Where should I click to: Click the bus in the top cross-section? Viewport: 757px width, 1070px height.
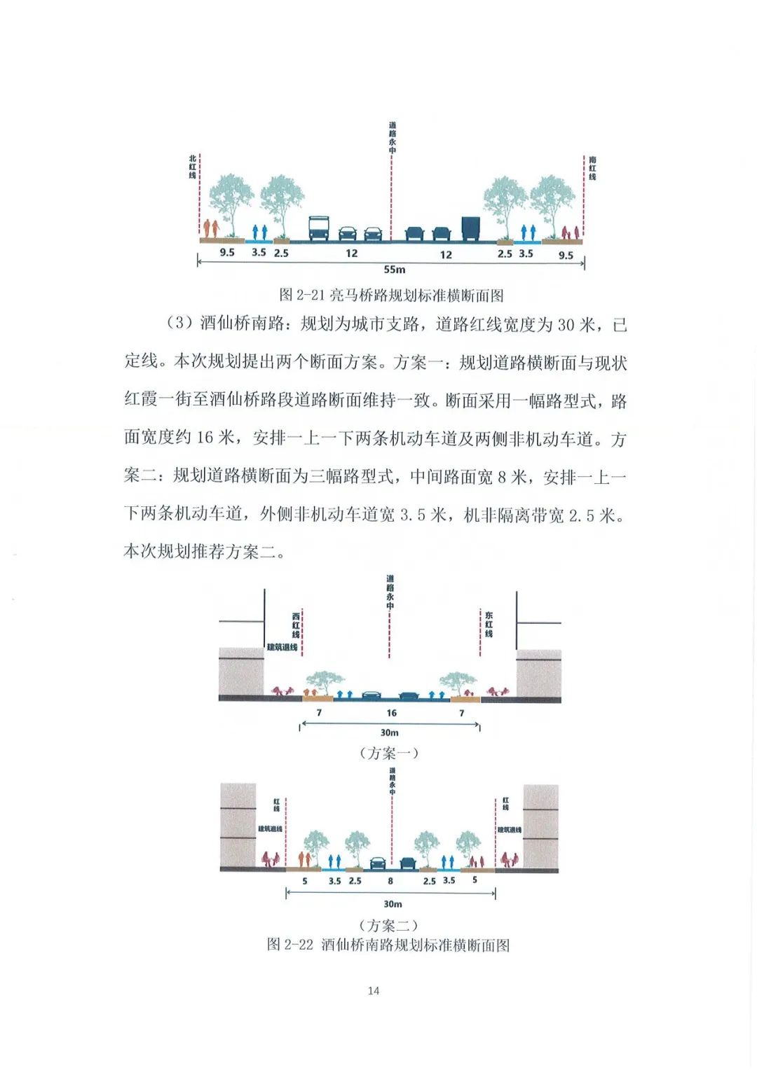319,228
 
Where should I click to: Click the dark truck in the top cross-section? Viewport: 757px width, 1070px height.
470,228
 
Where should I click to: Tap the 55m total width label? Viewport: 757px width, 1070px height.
394,270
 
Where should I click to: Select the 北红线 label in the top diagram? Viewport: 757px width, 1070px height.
193,167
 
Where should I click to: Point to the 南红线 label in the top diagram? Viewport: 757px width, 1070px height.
592,168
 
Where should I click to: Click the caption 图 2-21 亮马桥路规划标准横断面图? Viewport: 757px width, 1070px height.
391,296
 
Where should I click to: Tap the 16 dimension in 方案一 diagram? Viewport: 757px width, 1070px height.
391,713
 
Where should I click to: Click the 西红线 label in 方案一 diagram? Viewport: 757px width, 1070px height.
296,625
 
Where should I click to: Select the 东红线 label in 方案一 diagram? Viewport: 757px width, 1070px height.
489,624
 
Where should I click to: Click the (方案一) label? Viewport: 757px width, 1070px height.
389,753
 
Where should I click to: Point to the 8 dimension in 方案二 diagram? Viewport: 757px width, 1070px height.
390,881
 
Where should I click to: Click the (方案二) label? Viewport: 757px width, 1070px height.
388,926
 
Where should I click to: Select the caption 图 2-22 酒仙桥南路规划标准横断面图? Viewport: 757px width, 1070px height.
388,945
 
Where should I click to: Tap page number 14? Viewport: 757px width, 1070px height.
373,990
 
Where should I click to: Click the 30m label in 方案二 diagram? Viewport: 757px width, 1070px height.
393,904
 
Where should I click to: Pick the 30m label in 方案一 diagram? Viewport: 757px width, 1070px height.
390,732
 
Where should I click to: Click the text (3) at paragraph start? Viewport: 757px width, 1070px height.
179,324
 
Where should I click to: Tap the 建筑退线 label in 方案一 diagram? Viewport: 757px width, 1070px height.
282,647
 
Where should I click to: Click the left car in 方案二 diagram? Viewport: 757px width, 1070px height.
378,863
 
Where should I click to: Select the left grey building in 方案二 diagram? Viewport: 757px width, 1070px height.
238,826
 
